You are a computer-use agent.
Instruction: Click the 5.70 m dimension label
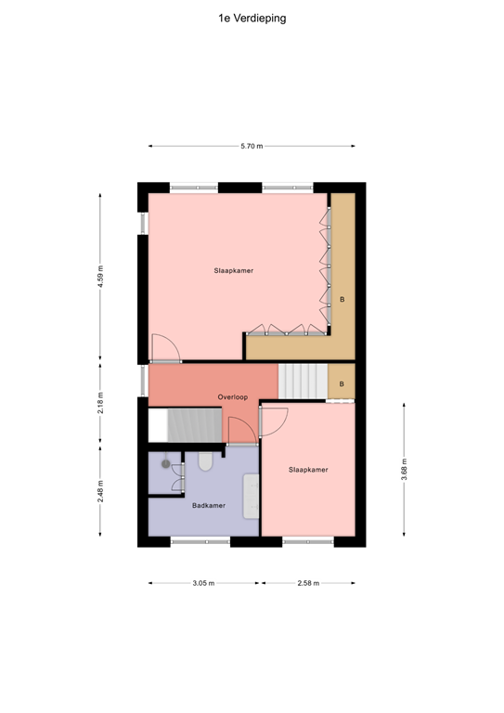(252, 146)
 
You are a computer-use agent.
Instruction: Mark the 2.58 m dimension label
(308, 583)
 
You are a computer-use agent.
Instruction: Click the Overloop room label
(232, 396)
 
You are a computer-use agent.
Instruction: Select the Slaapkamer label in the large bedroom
(234, 270)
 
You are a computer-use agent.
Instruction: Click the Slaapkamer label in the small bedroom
(307, 470)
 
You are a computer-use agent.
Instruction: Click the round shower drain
(166, 462)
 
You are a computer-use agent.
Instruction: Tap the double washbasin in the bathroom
(252, 497)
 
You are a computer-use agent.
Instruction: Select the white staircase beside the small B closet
(303, 381)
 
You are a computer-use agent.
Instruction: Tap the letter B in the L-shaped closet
(342, 300)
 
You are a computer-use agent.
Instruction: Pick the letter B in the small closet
(342, 383)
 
